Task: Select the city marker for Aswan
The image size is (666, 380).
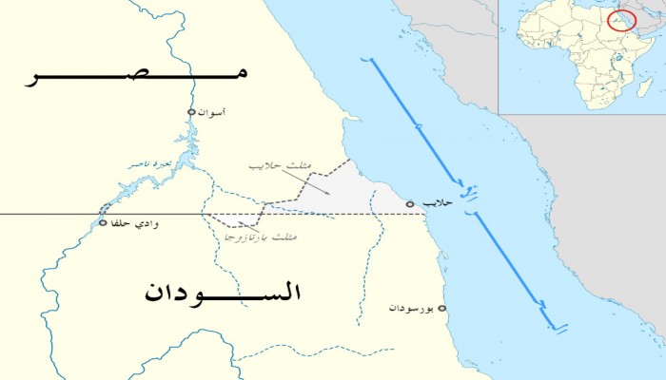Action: (191, 113)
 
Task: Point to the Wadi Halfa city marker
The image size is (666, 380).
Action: (103, 224)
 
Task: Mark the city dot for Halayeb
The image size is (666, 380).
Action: (410, 203)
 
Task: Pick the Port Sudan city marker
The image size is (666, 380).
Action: (441, 309)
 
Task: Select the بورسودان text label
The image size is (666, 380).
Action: (410, 309)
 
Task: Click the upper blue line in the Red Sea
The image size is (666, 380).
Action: (415, 123)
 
